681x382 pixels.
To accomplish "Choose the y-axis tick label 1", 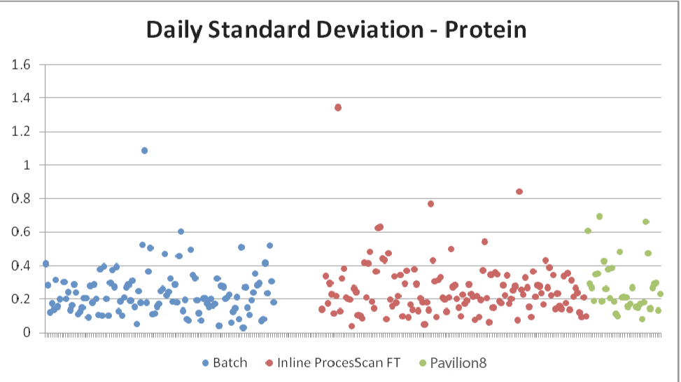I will [28, 165].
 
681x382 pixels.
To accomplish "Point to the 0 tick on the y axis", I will [28, 332].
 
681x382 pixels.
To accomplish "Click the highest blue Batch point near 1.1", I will [144, 151].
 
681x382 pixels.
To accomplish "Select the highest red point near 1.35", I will [338, 107].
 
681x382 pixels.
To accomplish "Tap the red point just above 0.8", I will [519, 191].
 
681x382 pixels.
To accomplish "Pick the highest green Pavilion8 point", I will [599, 217].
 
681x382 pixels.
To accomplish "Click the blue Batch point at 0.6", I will [181, 231].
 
